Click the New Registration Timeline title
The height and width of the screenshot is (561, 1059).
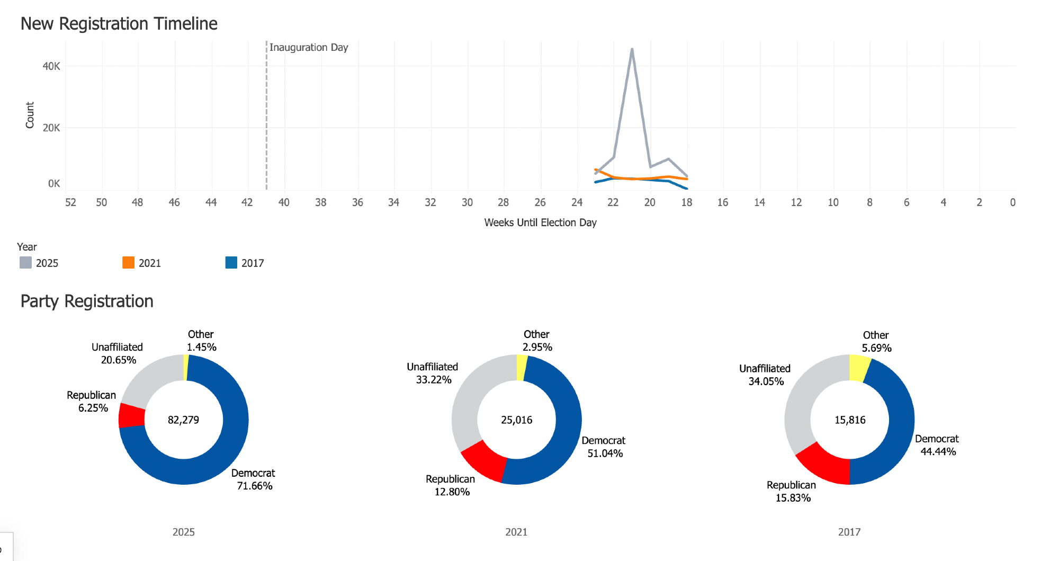(119, 24)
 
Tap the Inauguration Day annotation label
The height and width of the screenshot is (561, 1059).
(309, 47)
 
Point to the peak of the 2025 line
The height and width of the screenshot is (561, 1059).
(632, 49)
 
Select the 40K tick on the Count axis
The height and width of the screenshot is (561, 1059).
(51, 66)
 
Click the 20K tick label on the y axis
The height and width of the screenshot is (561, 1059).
(51, 128)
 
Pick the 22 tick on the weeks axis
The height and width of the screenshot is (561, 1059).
(613, 202)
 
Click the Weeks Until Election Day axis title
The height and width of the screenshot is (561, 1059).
(540, 222)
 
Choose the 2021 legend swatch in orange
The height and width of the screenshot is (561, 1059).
(128, 263)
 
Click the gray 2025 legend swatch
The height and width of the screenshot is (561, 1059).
(25, 263)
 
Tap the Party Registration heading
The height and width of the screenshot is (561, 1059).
(87, 301)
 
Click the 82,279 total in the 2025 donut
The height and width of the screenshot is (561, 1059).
(183, 420)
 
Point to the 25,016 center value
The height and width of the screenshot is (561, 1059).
(516, 420)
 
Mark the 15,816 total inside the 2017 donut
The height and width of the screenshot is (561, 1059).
(849, 420)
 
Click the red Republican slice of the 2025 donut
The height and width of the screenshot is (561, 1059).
(131, 415)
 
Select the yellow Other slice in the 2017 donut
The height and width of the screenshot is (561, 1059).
(859, 368)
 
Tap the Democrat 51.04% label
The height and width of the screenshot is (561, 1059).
(604, 447)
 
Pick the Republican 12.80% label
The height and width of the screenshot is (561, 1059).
(451, 485)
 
